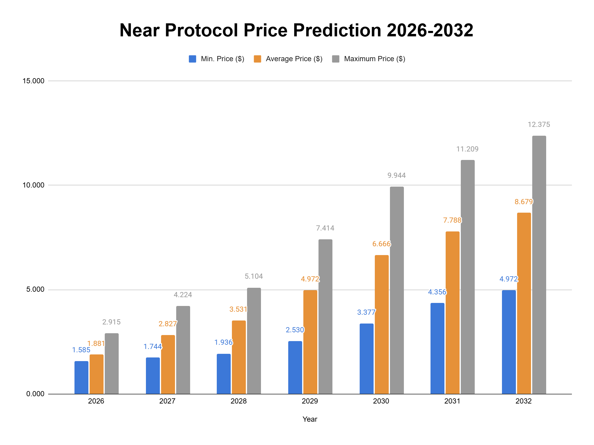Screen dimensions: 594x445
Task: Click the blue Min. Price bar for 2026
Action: point(81,377)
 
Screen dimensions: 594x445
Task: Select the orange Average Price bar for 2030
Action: point(382,324)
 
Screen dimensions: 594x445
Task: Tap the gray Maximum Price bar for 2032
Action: point(539,265)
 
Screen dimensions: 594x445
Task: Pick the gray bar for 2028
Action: point(254,341)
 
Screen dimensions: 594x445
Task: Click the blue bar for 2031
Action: point(437,348)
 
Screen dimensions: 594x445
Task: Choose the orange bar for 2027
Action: point(168,364)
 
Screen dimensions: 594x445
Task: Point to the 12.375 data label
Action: point(539,125)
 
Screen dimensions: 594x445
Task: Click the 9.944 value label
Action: point(397,175)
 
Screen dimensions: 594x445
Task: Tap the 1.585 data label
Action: point(81,350)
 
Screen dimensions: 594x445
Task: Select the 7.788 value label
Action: point(452,220)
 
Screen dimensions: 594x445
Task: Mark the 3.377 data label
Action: point(366,312)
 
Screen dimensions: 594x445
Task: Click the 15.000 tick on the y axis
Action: point(33,81)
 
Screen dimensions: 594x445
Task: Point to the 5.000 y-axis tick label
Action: point(35,289)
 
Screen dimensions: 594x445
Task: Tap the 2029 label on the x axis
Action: point(310,401)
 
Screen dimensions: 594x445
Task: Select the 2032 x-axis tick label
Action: point(523,401)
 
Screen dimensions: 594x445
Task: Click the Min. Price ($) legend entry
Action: point(216,59)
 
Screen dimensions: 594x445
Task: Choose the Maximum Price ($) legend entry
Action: point(368,59)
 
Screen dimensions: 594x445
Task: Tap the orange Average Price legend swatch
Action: point(258,59)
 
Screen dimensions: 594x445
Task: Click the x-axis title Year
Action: point(310,419)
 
